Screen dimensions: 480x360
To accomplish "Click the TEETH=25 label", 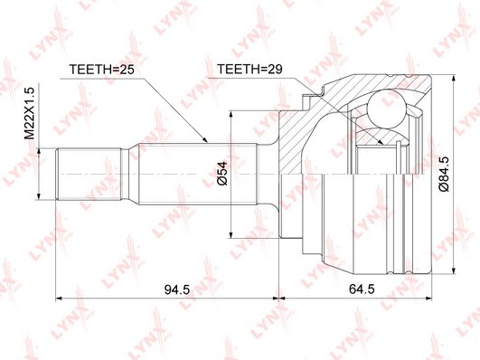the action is (x=102, y=70).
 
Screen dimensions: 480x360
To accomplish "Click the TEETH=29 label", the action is (x=249, y=70).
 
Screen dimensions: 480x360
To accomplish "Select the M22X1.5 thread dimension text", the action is (x=31, y=113).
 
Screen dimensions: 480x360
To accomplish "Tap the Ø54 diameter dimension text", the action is (x=222, y=174).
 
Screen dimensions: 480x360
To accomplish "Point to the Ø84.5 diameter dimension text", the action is (x=444, y=174).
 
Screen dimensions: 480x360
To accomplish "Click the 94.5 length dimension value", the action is (x=177, y=289).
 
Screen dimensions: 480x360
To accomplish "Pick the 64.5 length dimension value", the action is (x=362, y=289).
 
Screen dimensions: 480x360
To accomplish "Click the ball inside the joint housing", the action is (x=386, y=109).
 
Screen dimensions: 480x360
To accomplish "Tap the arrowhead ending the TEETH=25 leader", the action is (x=205, y=140).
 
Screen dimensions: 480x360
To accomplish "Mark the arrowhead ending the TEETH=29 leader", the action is (x=381, y=142).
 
